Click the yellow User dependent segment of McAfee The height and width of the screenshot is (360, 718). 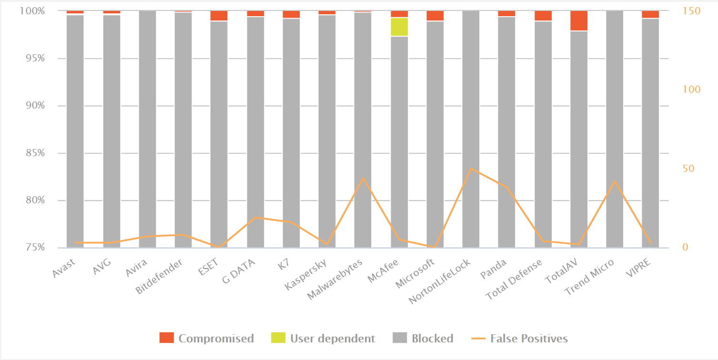pos(399,27)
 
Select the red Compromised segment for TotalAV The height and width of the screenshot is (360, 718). pos(579,20)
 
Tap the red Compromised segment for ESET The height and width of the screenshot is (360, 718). pos(219,16)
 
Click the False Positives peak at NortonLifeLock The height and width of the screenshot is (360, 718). pos(471,169)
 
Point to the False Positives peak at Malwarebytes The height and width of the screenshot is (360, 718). pos(363,178)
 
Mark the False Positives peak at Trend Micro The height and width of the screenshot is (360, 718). pos(615,181)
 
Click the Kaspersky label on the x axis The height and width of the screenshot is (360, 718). pos(305,274)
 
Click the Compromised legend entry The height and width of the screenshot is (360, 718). pos(206,339)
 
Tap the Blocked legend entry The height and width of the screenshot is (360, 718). pos(423,339)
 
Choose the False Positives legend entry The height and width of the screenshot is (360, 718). pos(520,339)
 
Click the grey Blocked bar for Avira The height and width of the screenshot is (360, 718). pos(147,129)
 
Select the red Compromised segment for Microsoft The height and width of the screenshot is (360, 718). pos(435,16)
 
